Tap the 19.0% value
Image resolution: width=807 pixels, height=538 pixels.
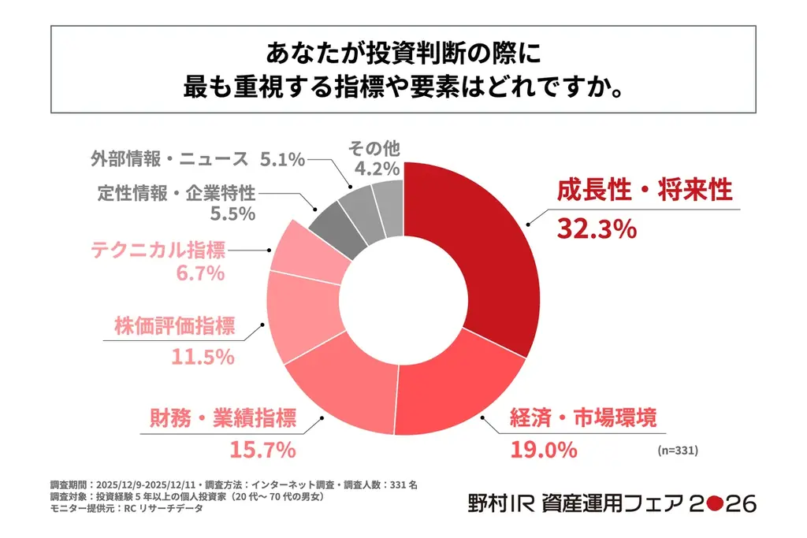[x=543, y=450]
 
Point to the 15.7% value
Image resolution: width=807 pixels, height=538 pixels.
[x=262, y=450]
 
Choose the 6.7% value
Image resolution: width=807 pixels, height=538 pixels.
[x=201, y=273]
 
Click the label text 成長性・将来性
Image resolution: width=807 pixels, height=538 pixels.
[x=645, y=191]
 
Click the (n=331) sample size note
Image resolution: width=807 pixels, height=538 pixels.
[x=677, y=451]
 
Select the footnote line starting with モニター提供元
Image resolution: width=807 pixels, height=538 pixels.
[x=126, y=509]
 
